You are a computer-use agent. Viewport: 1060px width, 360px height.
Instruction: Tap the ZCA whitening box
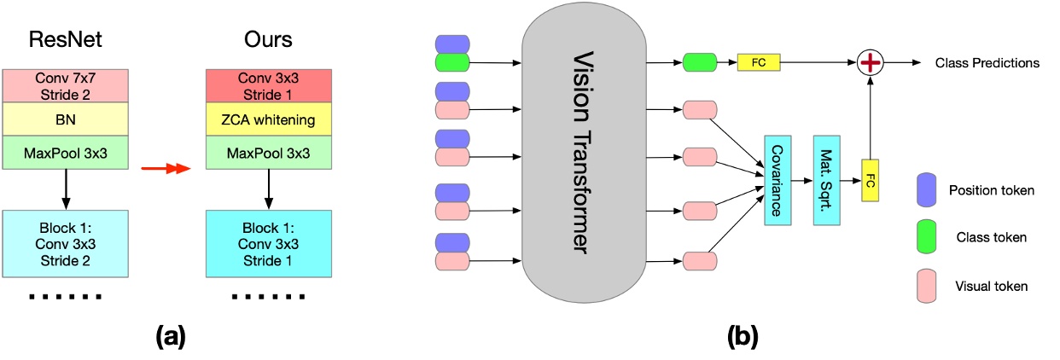pos(269,120)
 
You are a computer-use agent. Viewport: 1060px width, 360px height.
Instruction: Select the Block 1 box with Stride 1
pos(269,244)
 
